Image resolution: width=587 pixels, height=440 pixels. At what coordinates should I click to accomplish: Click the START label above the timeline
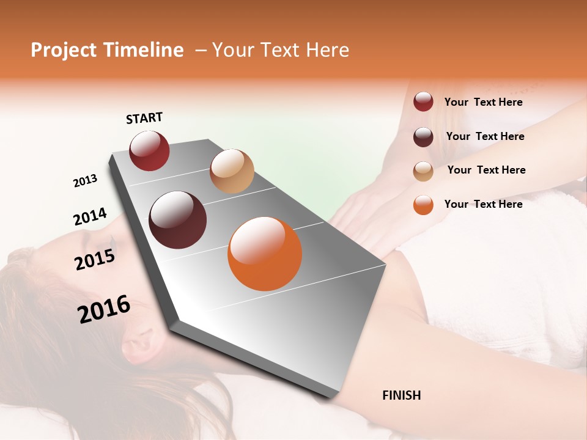144,118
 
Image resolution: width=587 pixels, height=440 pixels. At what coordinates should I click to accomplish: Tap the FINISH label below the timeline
401,395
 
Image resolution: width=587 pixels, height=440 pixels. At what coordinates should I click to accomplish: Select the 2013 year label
85,181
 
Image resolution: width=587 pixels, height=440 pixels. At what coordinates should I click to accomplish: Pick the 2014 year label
90,217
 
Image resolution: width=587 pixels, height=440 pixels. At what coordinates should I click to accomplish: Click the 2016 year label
104,309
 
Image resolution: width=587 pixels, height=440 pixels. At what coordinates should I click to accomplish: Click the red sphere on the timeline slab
149,150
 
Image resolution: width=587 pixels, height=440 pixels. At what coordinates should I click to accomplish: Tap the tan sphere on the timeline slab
232,171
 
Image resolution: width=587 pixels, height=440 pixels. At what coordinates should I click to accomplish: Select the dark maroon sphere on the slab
177,220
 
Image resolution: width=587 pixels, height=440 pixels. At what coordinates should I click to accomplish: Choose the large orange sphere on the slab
265,254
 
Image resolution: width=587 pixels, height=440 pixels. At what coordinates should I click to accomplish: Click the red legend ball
423,102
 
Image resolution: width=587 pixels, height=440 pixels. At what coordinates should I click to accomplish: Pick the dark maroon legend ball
423,136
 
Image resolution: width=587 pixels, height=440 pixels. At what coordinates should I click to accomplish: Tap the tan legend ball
423,170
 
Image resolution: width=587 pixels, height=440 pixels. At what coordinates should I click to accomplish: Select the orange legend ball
423,205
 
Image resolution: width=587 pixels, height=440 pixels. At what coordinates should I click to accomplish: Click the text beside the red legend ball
483,103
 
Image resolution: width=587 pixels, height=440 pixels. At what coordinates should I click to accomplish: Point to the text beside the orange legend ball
483,204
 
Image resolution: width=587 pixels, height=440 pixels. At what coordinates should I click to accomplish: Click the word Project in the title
64,50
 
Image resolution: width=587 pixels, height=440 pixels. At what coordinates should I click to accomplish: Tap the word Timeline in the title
143,50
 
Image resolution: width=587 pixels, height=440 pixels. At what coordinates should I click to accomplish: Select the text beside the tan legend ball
486,170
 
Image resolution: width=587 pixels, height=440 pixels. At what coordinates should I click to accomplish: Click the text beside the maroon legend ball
485,136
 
